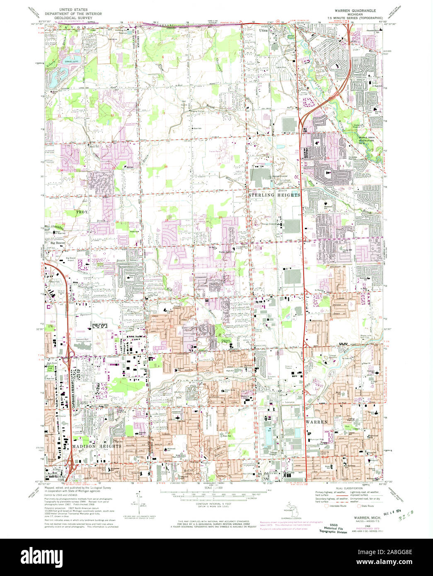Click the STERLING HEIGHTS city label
273,195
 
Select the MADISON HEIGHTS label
97,446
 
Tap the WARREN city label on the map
317,422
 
